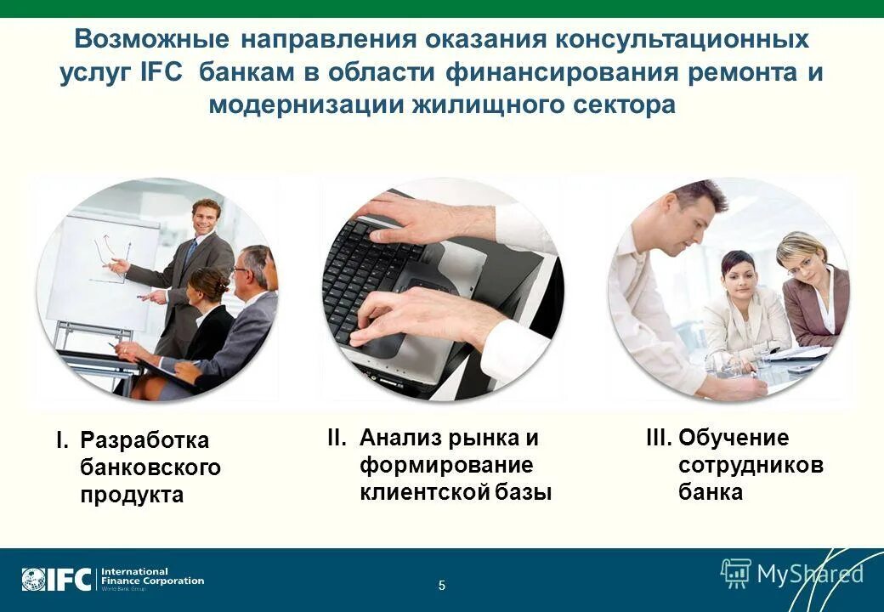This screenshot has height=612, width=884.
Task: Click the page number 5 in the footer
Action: click(x=442, y=585)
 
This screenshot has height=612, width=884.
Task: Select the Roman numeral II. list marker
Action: click(x=337, y=439)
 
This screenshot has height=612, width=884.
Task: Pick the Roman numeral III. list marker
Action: click(x=659, y=439)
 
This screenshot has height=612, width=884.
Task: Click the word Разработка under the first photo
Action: click(x=144, y=441)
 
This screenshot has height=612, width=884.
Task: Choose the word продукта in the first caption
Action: click(x=132, y=496)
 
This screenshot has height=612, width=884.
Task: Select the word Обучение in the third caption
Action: click(x=734, y=439)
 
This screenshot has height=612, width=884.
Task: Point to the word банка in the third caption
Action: click(x=711, y=492)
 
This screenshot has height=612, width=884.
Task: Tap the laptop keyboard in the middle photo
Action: click(x=374, y=272)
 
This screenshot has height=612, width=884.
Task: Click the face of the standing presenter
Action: click(x=205, y=218)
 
